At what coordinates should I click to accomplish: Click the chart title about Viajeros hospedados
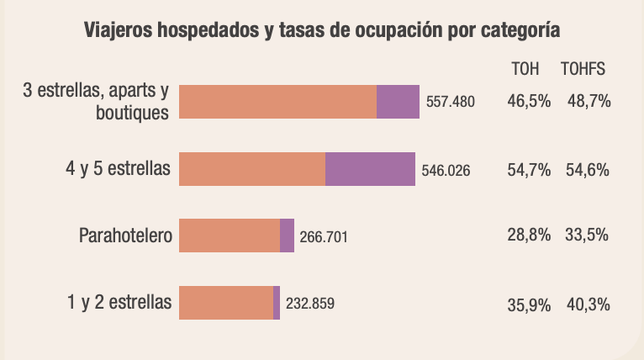(323, 31)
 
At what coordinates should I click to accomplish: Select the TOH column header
(525, 70)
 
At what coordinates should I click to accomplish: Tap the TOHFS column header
(583, 70)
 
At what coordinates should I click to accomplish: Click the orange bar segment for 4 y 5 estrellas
(252, 169)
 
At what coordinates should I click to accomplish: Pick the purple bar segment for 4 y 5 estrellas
(370, 169)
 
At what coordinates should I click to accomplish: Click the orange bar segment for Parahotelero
(230, 236)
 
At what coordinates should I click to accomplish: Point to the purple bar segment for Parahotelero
(287, 236)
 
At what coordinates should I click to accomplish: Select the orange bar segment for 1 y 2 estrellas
(226, 303)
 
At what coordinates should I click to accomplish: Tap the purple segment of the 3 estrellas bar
(398, 102)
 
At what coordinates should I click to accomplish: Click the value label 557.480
(451, 102)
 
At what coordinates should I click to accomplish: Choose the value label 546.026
(446, 170)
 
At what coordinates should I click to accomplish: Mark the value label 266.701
(324, 236)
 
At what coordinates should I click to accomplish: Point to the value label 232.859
(310, 303)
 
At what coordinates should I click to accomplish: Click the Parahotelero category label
(125, 236)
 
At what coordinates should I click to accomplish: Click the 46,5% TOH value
(529, 101)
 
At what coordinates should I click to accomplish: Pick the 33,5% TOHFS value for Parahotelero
(587, 236)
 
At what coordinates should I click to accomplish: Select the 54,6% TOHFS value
(587, 169)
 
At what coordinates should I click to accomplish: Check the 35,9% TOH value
(529, 303)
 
